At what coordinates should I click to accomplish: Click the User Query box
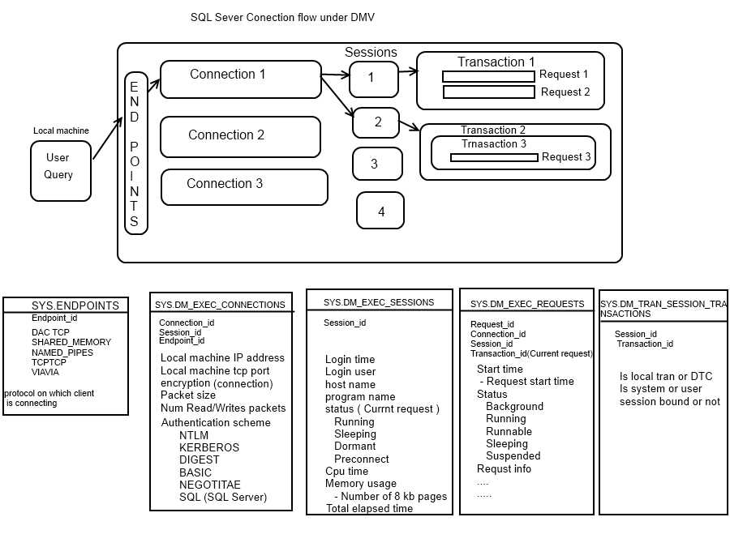[60, 171]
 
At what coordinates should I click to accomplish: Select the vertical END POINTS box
[135, 153]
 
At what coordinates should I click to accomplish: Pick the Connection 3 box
[243, 186]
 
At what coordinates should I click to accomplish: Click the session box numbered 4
[380, 212]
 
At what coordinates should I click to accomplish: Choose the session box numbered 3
[377, 164]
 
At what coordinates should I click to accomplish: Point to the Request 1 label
[564, 75]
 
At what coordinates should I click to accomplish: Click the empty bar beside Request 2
[488, 92]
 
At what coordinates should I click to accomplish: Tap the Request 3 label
[566, 157]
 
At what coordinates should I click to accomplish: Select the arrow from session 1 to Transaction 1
[408, 72]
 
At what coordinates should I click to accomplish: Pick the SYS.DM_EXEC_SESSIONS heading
[379, 302]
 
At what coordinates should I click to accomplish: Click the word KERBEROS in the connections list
[209, 447]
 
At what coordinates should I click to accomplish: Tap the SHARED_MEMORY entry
[71, 342]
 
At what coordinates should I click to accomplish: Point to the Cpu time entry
[346, 471]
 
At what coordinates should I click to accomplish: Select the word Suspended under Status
[513, 455]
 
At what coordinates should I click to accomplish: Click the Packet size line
[188, 395]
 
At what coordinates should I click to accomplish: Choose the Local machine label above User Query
[61, 130]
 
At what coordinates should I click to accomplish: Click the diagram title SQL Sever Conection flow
[282, 17]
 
